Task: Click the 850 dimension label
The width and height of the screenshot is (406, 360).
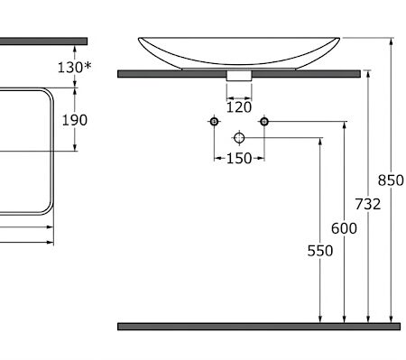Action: [x=391, y=180]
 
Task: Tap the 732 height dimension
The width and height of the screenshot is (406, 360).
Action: [x=368, y=204]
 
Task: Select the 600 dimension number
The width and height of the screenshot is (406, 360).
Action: [x=344, y=228]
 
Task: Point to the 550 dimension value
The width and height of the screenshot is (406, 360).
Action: [x=320, y=251]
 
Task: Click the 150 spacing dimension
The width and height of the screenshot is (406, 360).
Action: [x=239, y=158]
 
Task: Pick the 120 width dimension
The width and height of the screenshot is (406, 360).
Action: [x=239, y=107]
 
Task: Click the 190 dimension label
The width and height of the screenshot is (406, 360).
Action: [x=75, y=120]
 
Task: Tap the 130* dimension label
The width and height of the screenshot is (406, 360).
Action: [x=74, y=67]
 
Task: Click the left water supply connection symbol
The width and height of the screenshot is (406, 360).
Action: [x=214, y=122]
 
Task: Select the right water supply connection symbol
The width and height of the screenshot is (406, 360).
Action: [x=264, y=122]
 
